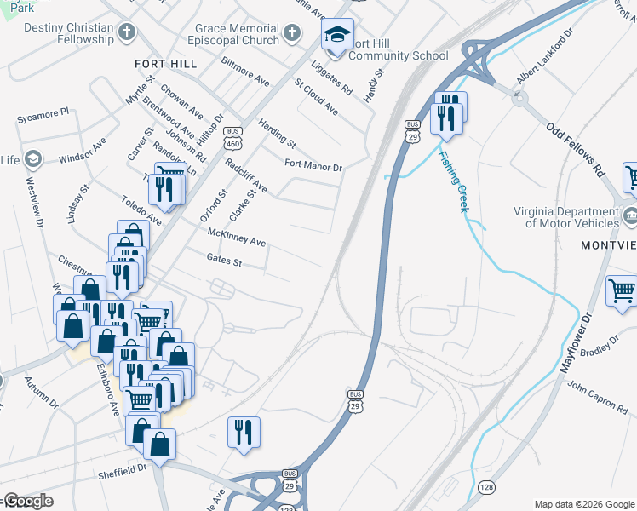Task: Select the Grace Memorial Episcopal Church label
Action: (237, 34)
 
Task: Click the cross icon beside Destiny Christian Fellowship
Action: (127, 33)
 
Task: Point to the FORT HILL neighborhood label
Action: (165, 64)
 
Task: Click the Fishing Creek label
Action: (453, 181)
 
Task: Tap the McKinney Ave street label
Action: (237, 238)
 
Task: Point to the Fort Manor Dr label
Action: (313, 165)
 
